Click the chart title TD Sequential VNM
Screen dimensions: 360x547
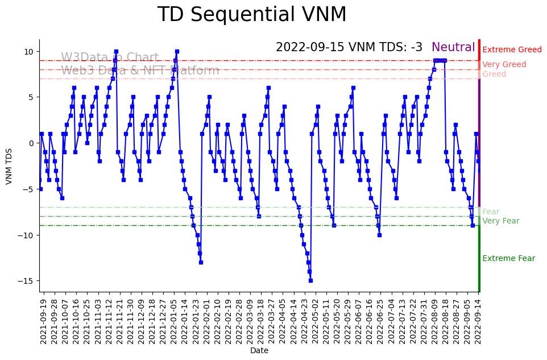click(x=252, y=15)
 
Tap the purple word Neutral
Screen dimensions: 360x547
click(x=453, y=48)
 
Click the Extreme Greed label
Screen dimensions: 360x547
click(x=512, y=50)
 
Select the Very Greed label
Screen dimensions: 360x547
click(x=504, y=65)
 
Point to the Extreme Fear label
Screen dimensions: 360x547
click(x=508, y=259)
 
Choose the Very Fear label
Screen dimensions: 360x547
click(x=500, y=221)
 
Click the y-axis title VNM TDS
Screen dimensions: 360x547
click(x=9, y=165)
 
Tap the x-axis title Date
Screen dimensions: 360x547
click(x=259, y=351)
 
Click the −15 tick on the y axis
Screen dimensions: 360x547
click(x=27, y=281)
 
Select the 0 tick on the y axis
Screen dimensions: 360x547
click(x=32, y=143)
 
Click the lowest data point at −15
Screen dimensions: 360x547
click(x=310, y=280)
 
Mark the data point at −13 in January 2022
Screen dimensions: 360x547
click(x=201, y=262)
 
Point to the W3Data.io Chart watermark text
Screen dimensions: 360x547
click(x=110, y=58)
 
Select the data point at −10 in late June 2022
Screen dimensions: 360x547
click(x=379, y=235)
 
